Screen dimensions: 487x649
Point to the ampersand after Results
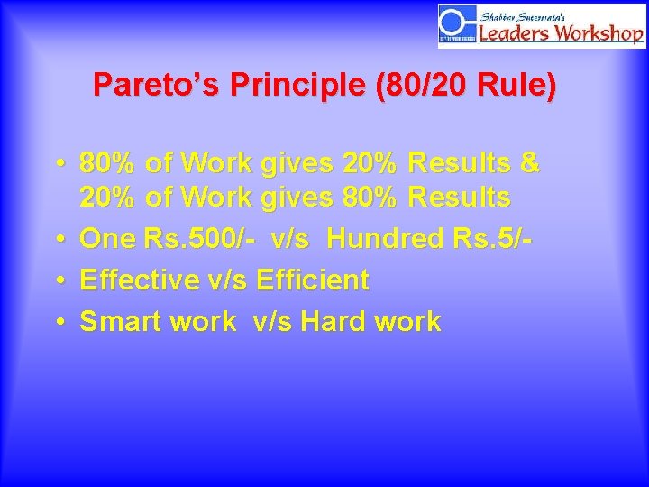530,163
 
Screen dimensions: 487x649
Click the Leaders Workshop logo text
561,33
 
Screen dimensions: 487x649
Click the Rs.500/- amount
200,239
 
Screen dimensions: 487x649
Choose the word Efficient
312,280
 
